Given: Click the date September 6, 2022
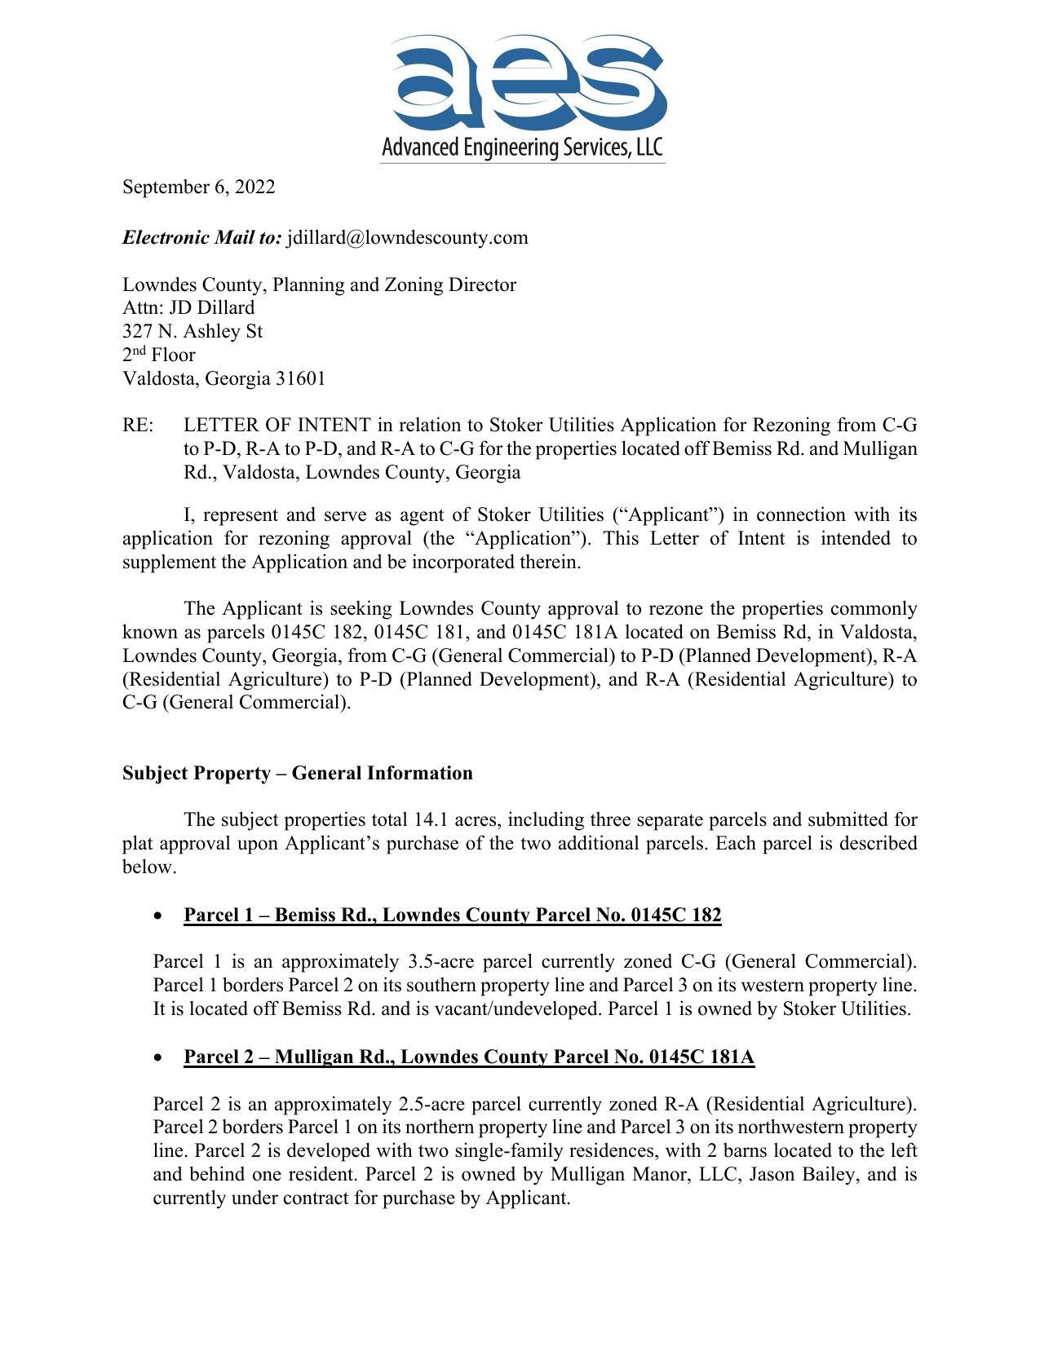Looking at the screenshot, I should (x=198, y=188).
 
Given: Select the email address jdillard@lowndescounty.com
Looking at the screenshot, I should (x=407, y=238).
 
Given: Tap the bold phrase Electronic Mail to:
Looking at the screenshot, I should (x=202, y=238).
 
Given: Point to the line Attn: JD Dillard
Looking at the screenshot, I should (x=188, y=308).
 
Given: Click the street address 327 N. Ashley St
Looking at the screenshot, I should (x=193, y=332).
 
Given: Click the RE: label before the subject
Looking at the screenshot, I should (x=137, y=426).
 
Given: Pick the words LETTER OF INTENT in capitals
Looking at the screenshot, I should (x=277, y=426).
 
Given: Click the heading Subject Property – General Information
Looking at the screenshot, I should (x=297, y=774).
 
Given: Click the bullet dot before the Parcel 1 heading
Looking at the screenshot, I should (x=157, y=916).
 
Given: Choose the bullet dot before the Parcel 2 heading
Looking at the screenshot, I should (x=157, y=1058).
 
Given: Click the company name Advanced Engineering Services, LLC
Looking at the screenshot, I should (x=522, y=148).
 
